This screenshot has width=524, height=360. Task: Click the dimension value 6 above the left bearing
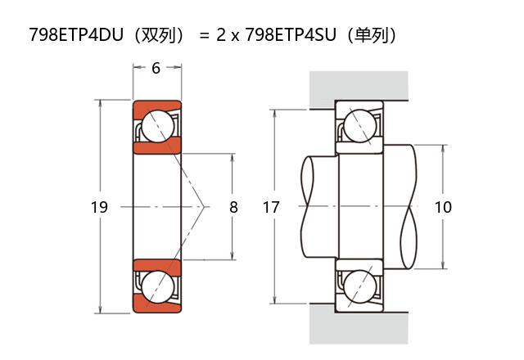tap(156, 68)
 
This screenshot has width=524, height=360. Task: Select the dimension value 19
tap(99, 208)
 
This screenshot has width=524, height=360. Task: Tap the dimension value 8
tap(233, 208)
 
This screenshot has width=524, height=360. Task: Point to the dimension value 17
tap(271, 208)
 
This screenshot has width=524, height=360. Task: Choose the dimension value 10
tap(443, 208)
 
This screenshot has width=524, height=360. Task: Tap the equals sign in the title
tap(204, 36)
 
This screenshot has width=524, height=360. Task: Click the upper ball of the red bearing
tap(156, 126)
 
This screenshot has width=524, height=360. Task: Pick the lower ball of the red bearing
tap(156, 287)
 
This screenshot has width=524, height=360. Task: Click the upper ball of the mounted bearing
tap(360, 127)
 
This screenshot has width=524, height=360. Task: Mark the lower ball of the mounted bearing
tap(360, 287)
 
